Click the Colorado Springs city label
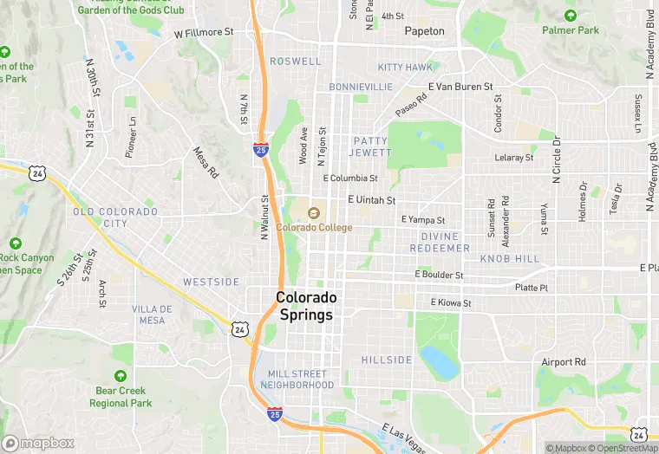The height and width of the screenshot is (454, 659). point(305,305)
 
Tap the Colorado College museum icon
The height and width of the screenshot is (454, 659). point(314,212)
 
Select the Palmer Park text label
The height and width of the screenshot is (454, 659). point(571,30)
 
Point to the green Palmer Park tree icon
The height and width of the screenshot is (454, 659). point(571,16)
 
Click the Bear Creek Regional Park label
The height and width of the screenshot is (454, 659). point(121,397)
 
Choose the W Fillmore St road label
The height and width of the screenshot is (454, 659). point(204,33)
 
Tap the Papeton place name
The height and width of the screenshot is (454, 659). point(424,31)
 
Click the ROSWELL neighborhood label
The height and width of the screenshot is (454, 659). point(295,62)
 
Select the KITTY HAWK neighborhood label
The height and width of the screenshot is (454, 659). point(404,67)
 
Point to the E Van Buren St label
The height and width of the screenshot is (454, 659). point(460,87)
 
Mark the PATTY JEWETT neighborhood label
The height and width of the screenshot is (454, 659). point(369,146)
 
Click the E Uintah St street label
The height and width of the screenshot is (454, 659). point(371,199)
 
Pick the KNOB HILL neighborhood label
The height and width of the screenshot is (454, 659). point(510,259)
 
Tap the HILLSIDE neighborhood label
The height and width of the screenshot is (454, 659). point(387,360)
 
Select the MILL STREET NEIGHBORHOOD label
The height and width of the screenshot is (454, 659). point(296,379)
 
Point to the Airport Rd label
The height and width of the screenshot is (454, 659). point(564,361)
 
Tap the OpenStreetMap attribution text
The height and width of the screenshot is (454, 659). point(623,448)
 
